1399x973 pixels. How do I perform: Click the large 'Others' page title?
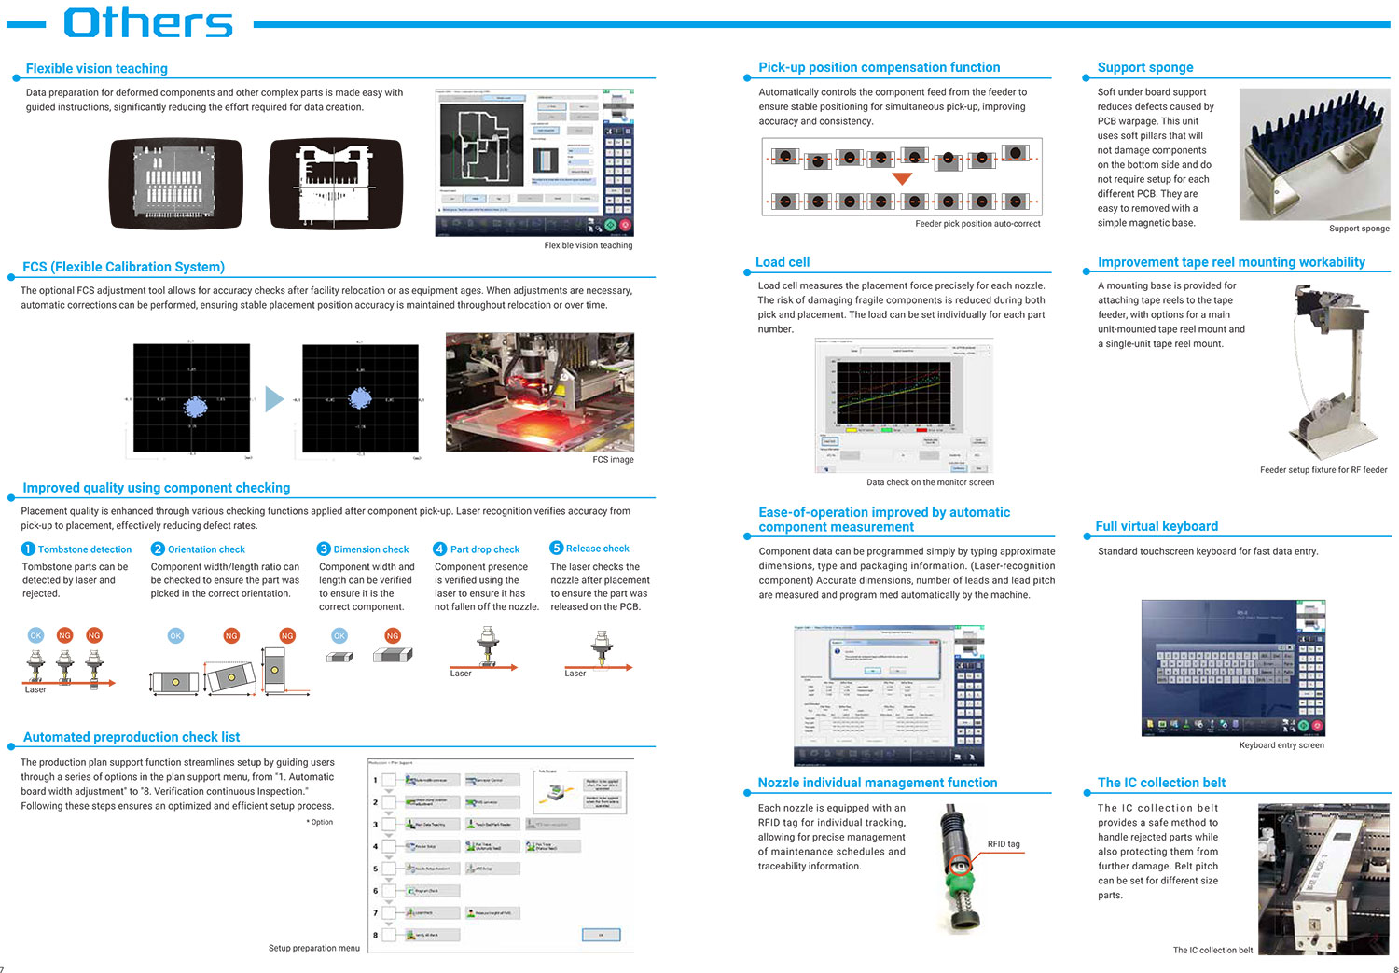(148, 23)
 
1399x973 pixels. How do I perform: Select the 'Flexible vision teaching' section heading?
(97, 69)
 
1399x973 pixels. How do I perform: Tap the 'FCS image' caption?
(613, 460)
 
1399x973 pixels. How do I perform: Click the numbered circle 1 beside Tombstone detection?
(28, 549)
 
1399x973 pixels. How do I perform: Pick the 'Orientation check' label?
(206, 549)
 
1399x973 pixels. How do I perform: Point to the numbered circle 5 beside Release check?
(556, 549)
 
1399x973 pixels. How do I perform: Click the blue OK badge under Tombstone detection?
(35, 635)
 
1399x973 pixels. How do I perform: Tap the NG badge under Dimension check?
(393, 635)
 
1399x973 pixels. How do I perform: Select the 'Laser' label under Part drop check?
(461, 674)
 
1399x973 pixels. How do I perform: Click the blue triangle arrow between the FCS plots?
(273, 399)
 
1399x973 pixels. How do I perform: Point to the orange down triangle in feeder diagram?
(902, 178)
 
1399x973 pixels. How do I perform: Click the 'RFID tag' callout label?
(1004, 844)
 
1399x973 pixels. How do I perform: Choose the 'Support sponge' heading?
(1145, 68)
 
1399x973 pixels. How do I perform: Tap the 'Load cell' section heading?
(783, 262)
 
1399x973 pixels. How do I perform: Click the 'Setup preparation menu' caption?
(313, 948)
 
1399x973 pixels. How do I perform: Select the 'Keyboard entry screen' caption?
(1281, 745)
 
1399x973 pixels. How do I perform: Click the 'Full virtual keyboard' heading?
(1157, 526)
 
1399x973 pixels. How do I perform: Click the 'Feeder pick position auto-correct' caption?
(977, 224)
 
